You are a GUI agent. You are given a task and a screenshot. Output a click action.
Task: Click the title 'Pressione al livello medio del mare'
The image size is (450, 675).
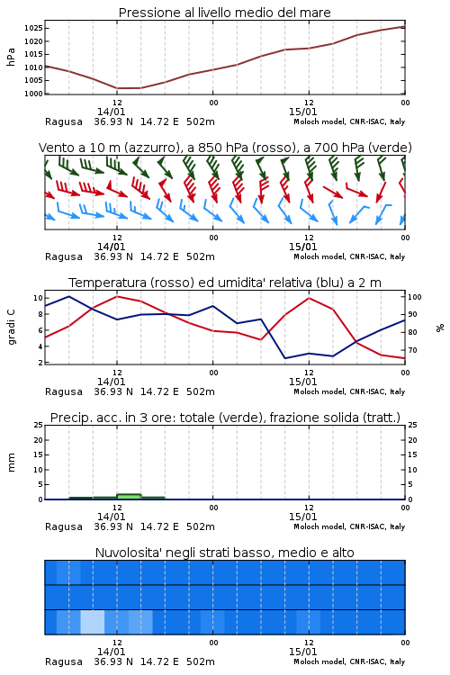[x=224, y=13]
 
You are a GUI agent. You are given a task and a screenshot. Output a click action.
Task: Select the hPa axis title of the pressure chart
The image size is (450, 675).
[x=11, y=57]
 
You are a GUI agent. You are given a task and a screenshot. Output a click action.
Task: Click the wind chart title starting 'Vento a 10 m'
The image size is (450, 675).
[x=225, y=148]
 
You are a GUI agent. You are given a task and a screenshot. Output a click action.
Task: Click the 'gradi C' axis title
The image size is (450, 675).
[x=12, y=328]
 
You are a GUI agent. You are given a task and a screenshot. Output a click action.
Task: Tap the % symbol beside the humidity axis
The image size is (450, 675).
[x=440, y=328]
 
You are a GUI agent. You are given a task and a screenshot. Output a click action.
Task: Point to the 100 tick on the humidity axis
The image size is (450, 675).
[x=414, y=297]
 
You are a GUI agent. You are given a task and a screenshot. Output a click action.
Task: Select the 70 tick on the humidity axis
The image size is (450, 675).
[x=412, y=350]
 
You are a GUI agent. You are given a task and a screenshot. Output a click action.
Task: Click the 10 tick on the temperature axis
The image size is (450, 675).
[x=38, y=298]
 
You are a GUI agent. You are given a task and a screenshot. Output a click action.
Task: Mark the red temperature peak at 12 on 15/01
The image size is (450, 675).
[x=309, y=298]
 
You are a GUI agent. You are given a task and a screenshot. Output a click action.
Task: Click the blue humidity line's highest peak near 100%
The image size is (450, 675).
[x=69, y=296]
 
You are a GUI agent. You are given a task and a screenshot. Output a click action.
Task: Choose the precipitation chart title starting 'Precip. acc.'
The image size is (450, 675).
[x=225, y=418]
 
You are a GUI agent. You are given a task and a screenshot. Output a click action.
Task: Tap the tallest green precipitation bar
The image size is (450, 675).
[x=129, y=496]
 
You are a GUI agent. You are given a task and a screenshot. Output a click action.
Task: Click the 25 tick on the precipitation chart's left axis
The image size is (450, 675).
[x=38, y=425]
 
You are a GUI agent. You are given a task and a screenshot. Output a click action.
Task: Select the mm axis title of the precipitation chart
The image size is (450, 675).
[x=12, y=462]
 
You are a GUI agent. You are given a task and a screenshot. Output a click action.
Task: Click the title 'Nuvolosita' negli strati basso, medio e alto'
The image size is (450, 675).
[x=225, y=553]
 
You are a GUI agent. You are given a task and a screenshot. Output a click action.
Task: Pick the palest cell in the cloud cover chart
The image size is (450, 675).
[x=93, y=622]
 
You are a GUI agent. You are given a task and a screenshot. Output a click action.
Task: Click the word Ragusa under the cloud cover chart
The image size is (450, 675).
[x=64, y=661]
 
